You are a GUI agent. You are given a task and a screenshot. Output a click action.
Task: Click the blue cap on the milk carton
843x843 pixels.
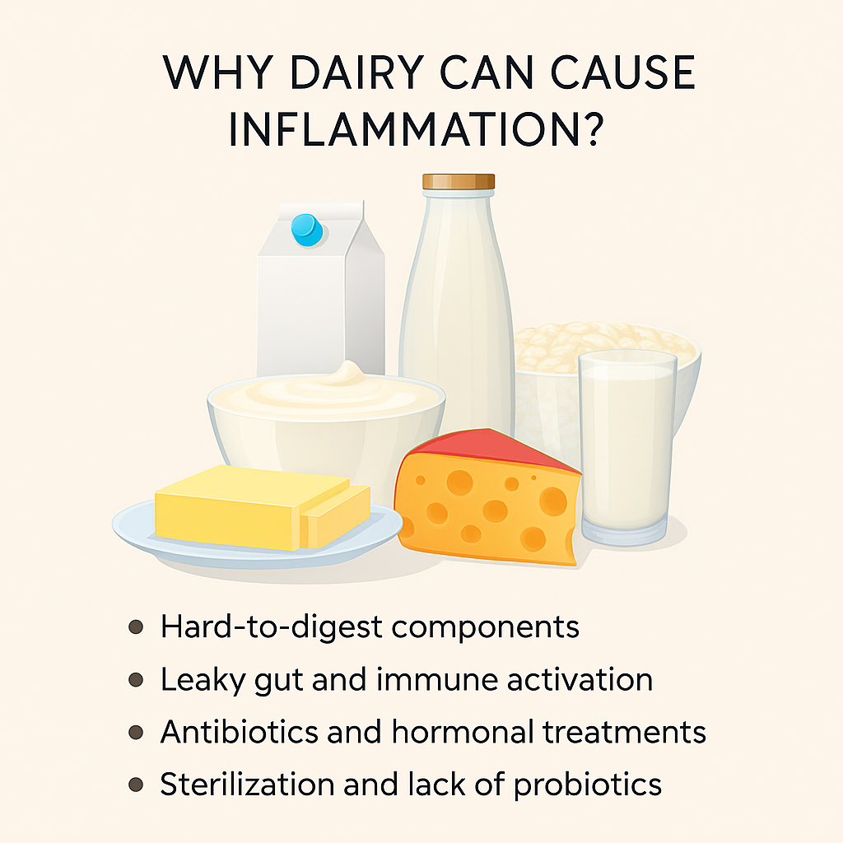tap(306, 229)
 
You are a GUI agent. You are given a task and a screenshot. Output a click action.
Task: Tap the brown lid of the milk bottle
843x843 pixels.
tap(459, 182)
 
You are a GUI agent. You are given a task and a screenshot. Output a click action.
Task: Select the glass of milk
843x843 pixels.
tap(627, 445)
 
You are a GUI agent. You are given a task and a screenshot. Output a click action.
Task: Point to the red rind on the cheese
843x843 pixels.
tap(494, 449)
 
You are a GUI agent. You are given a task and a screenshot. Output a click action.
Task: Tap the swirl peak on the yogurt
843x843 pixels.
tap(346, 375)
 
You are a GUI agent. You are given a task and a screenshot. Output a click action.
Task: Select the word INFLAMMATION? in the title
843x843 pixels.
tap(422, 133)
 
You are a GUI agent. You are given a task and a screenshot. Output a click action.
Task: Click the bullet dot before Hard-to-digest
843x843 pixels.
tap(137, 627)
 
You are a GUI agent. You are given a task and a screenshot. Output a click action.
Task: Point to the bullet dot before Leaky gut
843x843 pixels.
tap(137, 680)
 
